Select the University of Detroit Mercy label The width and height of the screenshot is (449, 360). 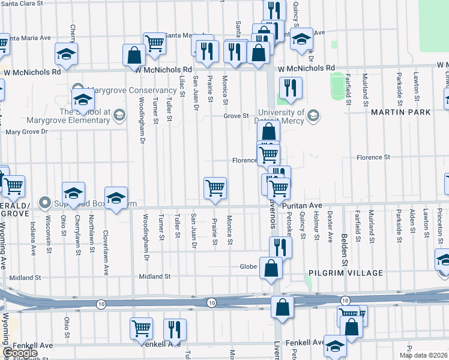point(281,116)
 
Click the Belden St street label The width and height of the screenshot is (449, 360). point(345,248)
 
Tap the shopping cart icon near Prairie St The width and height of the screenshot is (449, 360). point(215,188)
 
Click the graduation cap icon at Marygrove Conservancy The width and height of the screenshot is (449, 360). point(83,99)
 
